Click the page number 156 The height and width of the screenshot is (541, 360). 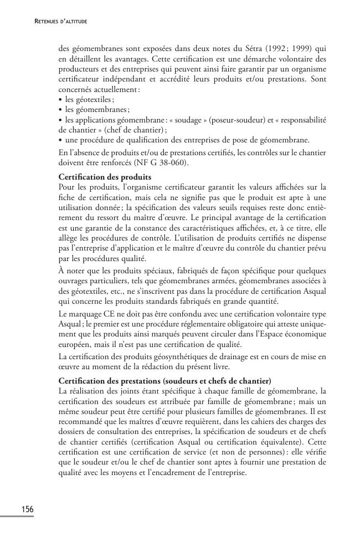[x=27, y=509]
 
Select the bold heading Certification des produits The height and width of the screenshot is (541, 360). [x=97, y=177]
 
